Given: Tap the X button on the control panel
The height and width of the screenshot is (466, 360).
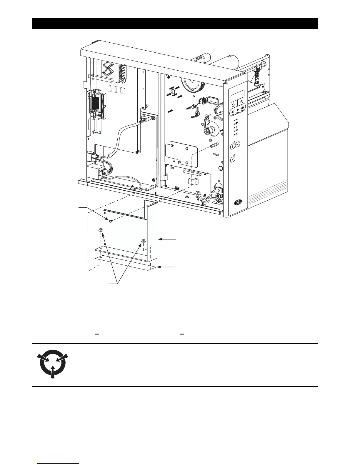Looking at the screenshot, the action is click(233, 159).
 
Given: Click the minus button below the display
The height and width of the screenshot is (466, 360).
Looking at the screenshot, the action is click(232, 104).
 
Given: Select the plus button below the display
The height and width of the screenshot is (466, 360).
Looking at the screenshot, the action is click(242, 101).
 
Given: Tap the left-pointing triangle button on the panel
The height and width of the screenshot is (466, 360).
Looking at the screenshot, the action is click(232, 112).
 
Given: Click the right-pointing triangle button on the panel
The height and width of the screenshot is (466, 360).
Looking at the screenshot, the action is click(238, 110).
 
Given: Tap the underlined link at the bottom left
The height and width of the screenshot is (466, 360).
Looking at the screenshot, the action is click(59, 464).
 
